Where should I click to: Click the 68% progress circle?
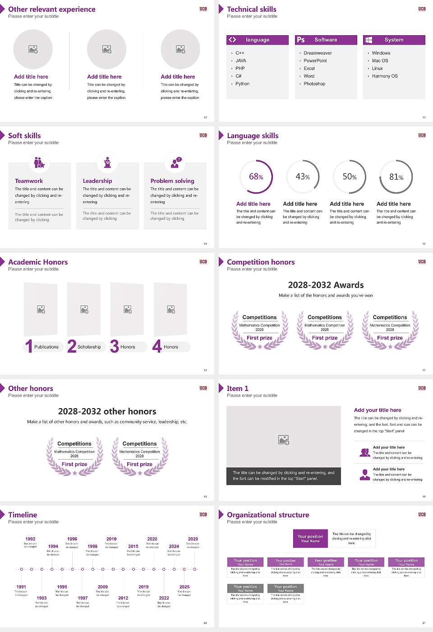(x=256, y=177)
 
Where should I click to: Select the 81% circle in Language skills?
(x=396, y=177)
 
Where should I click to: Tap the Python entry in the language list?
(x=242, y=84)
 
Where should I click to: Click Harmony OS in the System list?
(x=385, y=76)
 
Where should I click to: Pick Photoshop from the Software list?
(x=314, y=84)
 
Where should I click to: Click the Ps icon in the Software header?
(x=301, y=40)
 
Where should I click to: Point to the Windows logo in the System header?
(x=369, y=40)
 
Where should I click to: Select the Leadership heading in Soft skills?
(x=97, y=181)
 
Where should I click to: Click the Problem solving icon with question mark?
(x=175, y=163)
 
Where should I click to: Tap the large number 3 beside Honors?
(x=115, y=346)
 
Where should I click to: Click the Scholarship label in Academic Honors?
(x=89, y=347)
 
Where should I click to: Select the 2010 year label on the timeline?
(x=111, y=539)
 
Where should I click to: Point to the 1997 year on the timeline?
(x=83, y=598)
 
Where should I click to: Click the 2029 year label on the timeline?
(x=193, y=539)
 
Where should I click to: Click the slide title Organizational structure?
(x=268, y=515)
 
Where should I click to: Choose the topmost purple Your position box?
(x=310, y=539)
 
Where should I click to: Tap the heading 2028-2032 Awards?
(x=326, y=285)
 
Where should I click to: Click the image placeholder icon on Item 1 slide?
(x=284, y=439)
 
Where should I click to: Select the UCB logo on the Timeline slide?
(x=203, y=514)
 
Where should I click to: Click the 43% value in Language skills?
(x=303, y=177)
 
